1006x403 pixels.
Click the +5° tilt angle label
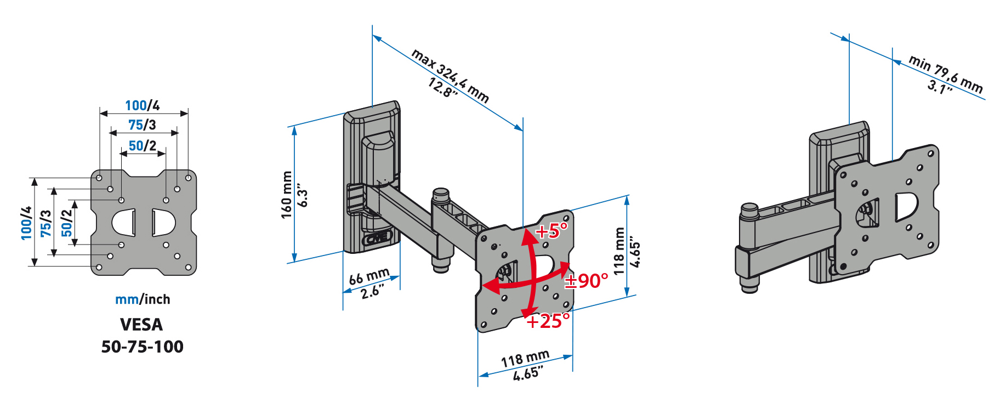552,231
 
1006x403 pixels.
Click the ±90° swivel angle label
587,281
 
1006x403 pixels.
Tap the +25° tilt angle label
548,321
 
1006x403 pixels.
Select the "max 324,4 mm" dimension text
450,76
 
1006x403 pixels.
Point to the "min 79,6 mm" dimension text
946,74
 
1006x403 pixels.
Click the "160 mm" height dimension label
287,195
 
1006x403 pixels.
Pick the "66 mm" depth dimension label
370,276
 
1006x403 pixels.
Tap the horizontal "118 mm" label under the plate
525,359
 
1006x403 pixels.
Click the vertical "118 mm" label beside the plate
619,251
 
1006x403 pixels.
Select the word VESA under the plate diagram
141,325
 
